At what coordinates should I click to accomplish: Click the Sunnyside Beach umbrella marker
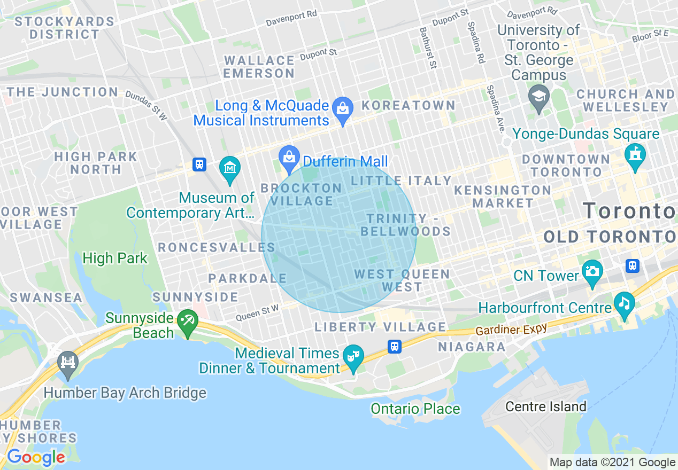(188, 321)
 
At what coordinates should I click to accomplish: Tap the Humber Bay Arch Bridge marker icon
(68, 363)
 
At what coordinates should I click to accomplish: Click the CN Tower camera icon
(592, 271)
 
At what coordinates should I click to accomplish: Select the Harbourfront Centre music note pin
(624, 303)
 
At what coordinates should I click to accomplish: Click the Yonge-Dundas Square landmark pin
(635, 155)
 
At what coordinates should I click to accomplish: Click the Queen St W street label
(257, 312)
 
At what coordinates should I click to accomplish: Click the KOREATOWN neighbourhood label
(409, 106)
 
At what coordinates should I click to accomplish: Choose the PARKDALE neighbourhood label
(248, 279)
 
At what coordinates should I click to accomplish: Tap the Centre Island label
(546, 407)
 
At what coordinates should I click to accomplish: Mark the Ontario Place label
(415, 409)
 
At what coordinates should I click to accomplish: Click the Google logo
(36, 457)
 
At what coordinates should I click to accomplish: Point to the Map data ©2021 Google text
(612, 463)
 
